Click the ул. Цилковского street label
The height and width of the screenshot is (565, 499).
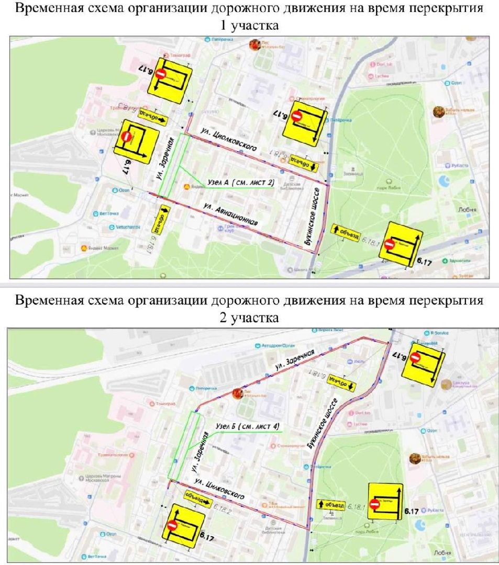click(219, 488)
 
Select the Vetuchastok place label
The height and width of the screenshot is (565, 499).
click(127, 227)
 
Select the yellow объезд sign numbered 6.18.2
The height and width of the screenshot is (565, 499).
click(196, 499)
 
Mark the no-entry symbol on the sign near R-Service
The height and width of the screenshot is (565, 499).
click(415, 358)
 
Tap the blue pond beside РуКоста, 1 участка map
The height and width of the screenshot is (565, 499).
click(444, 181)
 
